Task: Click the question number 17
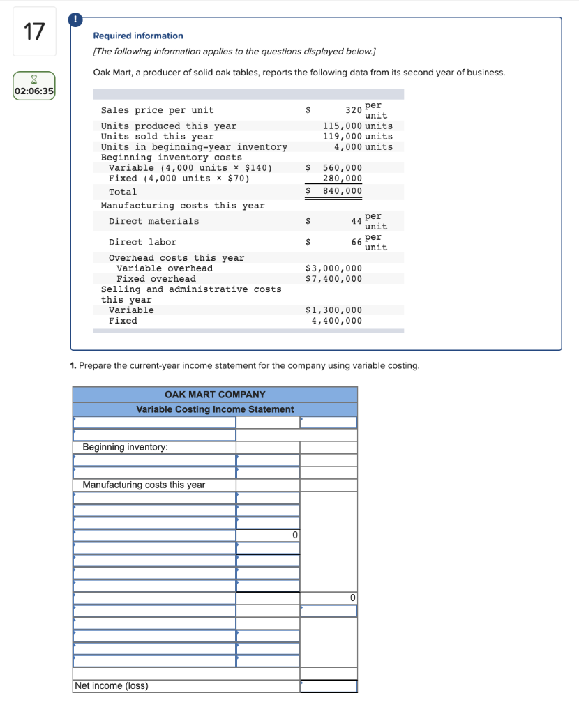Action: click(33, 32)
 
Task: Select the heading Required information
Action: click(138, 36)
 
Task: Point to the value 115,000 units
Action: click(357, 126)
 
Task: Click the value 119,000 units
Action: click(357, 137)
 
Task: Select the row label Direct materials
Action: click(153, 222)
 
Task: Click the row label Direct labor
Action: click(142, 242)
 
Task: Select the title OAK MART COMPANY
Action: click(215, 395)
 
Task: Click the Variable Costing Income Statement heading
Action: click(215, 409)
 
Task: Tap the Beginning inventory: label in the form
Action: click(125, 447)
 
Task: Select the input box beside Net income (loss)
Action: click(329, 686)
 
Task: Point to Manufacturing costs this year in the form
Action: click(144, 485)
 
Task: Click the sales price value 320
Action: click(354, 110)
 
